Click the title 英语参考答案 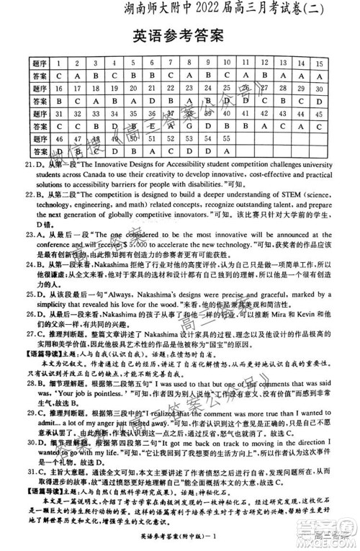click(x=179, y=37)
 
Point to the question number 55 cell click(x=207, y=138)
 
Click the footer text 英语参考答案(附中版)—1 click(x=180, y=545)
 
